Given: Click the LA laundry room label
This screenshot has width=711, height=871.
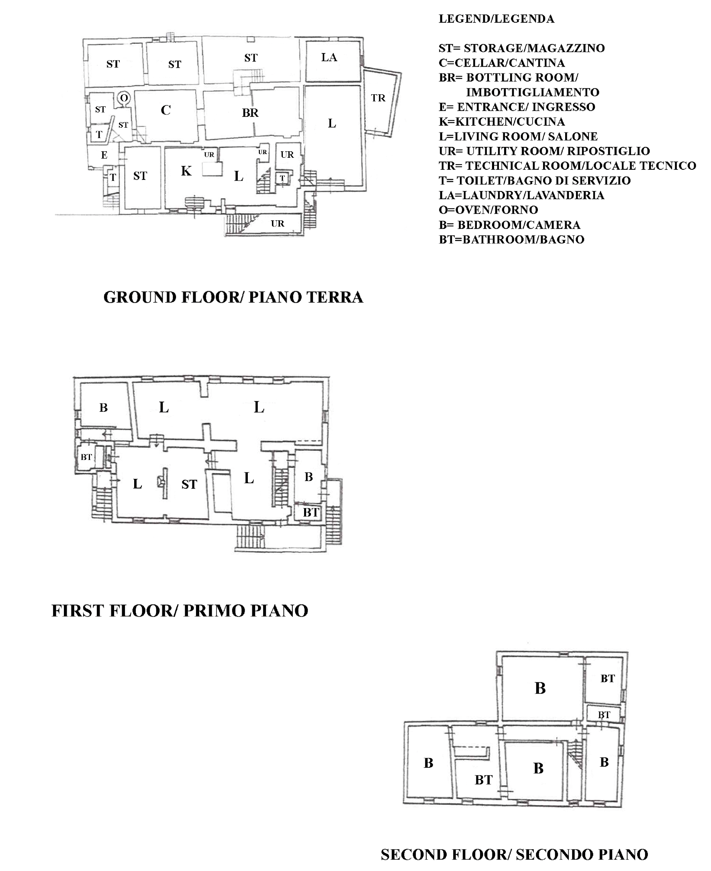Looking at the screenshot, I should pos(329,57).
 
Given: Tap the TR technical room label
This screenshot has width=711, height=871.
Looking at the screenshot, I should pos(378,98).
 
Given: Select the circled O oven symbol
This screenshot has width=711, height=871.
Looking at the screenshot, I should pos(124,98).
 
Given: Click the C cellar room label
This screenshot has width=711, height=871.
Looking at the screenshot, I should pos(165,110).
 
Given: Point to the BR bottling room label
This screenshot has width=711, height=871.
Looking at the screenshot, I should pos(250,112).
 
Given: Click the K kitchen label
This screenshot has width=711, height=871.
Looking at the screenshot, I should pos(186,171).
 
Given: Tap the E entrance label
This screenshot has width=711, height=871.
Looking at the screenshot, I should pos(104,155).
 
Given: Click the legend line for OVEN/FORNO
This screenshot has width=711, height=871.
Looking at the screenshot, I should pos(488,210).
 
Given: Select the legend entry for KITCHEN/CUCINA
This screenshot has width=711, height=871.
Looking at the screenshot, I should pos(502,122).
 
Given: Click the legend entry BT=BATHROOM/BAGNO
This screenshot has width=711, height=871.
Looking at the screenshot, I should pos(511,240).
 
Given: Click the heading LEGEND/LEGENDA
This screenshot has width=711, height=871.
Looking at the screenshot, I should pos(496,19).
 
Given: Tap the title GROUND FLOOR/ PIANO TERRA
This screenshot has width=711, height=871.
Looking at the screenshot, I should pos(233,297).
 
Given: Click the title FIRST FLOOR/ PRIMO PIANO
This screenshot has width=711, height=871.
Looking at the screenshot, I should pos(180,611).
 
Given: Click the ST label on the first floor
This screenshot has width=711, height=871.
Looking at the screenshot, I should pos(189,484).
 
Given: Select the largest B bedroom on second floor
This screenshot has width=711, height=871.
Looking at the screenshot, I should pos(540,688).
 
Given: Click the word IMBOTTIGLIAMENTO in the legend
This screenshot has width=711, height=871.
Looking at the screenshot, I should pos(532,92).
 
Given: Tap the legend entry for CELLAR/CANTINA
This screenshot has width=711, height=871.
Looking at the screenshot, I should pos(502,63).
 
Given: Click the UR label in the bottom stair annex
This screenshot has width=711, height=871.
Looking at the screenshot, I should pos(277,224).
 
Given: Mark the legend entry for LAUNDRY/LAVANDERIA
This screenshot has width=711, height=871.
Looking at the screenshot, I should pos(521,195).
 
